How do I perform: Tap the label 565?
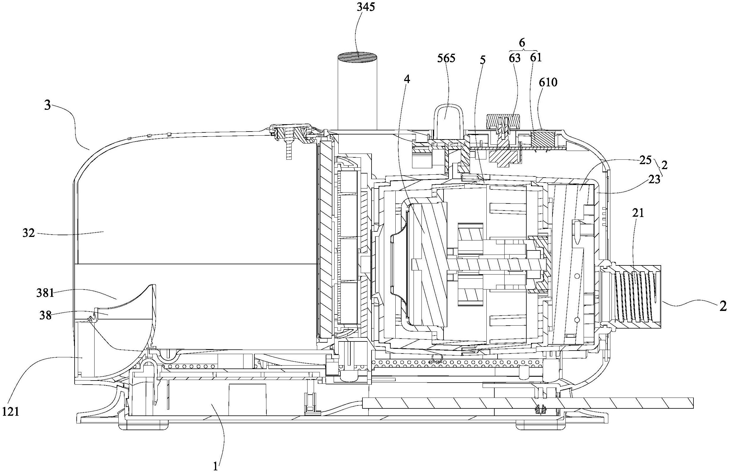coord(446,58)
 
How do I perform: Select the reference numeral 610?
coord(548,82)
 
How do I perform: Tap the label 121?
coord(11,412)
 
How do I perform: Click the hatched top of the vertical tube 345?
coord(357,58)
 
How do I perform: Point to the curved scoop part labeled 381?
coord(135,302)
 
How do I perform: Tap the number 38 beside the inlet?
coord(46,316)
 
